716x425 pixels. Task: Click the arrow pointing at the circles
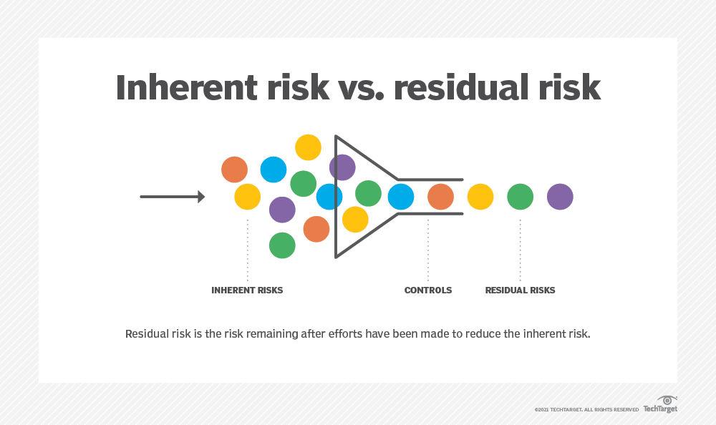point(172,197)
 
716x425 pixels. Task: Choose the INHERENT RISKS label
point(247,290)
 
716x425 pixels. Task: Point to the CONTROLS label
point(428,290)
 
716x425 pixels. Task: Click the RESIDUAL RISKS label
point(520,290)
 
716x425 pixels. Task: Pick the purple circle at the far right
point(560,197)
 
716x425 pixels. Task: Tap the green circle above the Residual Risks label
point(520,197)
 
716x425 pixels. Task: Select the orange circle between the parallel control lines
point(440,197)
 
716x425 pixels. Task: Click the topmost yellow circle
point(308,147)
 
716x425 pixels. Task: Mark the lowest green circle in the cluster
point(282,245)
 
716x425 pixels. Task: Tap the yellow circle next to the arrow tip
point(248,197)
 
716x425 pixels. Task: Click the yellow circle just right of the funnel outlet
point(480,197)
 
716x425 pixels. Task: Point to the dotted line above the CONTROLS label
point(428,250)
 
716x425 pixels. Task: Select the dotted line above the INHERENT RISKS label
point(248,250)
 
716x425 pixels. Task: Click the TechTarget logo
point(660,405)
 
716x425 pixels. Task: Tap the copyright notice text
point(586,410)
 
